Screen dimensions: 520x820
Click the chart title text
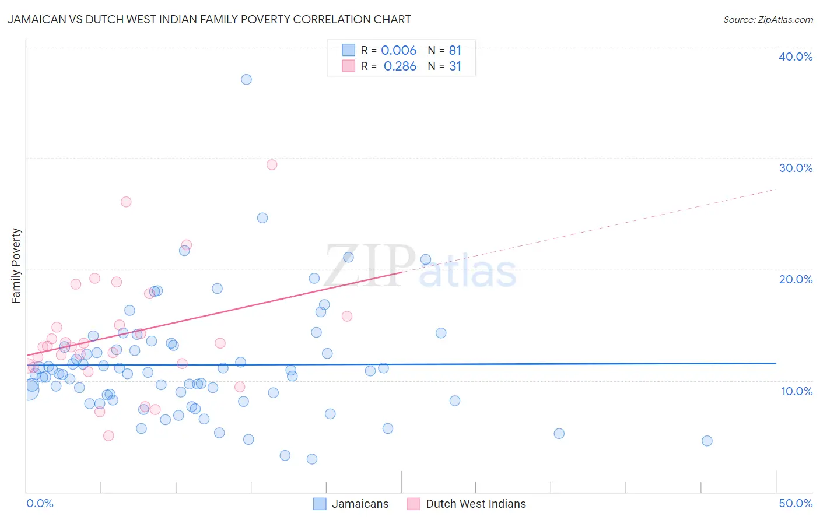(x=209, y=20)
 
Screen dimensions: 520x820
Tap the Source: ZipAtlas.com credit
(x=768, y=20)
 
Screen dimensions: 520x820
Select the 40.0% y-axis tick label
(x=795, y=57)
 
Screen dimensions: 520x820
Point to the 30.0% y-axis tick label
(x=795, y=168)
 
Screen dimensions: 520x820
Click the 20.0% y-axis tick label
(x=795, y=279)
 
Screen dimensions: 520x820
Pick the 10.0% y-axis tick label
(x=796, y=391)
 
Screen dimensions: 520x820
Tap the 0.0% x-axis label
(x=40, y=503)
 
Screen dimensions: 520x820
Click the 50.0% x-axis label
(x=795, y=503)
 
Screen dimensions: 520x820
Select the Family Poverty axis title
(x=16, y=266)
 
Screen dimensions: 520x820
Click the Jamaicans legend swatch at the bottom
(x=320, y=504)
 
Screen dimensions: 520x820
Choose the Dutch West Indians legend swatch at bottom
(x=413, y=504)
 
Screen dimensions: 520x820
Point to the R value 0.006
(x=398, y=51)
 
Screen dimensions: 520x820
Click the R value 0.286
(x=400, y=66)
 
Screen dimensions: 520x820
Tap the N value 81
(x=455, y=51)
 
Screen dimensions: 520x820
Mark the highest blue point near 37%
(x=246, y=79)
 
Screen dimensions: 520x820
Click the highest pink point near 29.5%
(x=272, y=164)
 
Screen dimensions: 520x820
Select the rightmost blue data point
(x=707, y=441)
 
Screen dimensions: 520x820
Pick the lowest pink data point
(x=108, y=435)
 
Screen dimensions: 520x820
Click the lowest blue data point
(x=312, y=459)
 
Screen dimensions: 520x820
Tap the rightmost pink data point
(x=347, y=316)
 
